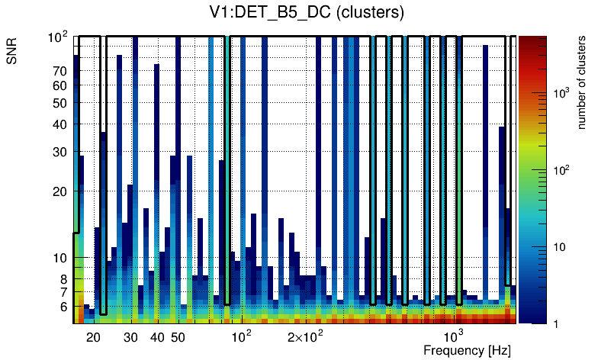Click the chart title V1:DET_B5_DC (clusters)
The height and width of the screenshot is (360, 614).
click(x=307, y=13)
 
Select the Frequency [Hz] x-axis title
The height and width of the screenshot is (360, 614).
click(x=467, y=350)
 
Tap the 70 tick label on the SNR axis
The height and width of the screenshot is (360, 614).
click(x=59, y=72)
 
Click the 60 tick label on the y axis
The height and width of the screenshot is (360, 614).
click(x=59, y=86)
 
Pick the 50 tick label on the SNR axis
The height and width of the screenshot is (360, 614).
click(x=59, y=104)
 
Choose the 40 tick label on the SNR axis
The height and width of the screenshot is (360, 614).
click(x=59, y=125)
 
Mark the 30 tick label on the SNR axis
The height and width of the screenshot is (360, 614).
click(x=59, y=152)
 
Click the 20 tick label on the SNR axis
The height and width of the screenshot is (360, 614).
click(x=59, y=191)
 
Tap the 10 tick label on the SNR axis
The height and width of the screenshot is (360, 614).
click(x=59, y=259)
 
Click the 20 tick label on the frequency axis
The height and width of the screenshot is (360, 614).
click(x=93, y=337)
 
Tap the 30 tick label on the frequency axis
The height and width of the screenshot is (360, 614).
click(x=130, y=337)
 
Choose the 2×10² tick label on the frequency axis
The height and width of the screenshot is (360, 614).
click(x=304, y=336)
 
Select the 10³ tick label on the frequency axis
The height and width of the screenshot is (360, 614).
click(x=454, y=336)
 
